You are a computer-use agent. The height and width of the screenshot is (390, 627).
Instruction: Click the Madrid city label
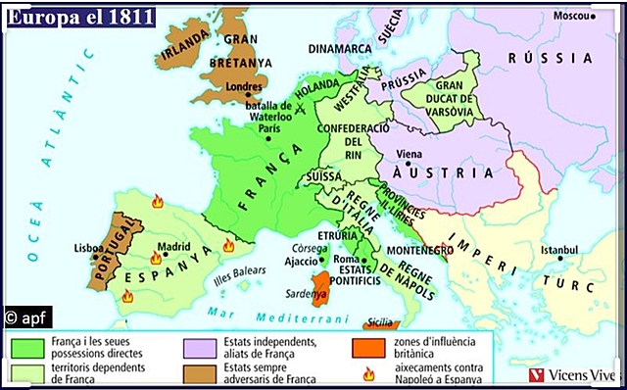pyautogui.click(x=173, y=247)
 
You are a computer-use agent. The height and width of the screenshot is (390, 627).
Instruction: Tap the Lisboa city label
pyautogui.click(x=90, y=248)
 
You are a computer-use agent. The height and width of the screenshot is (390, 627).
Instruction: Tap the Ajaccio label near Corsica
pyautogui.click(x=301, y=262)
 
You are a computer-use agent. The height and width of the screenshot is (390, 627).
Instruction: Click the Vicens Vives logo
pyautogui.click(x=573, y=374)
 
